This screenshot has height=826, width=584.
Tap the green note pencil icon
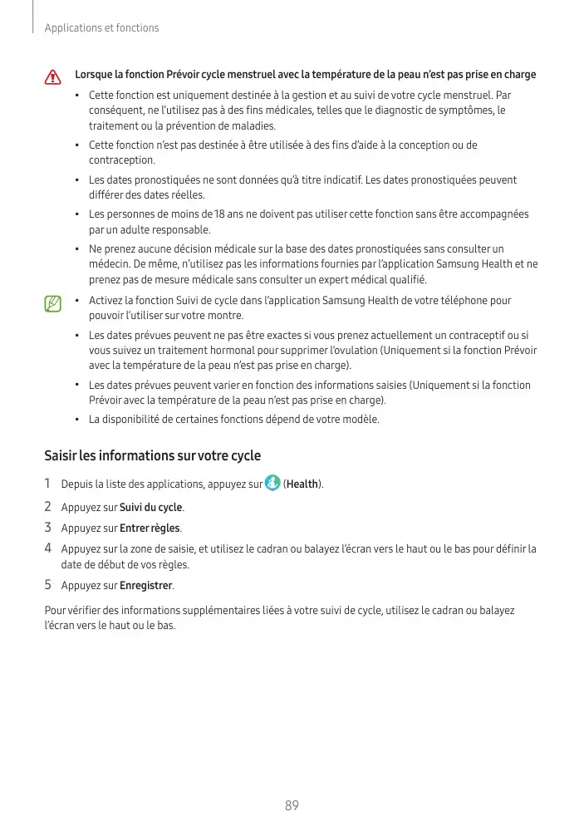point(54,303)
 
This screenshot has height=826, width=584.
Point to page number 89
point(292,805)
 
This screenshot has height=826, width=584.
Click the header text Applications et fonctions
point(101,28)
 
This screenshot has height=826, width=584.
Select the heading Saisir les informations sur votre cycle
point(152,455)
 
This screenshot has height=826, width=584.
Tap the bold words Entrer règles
point(150,528)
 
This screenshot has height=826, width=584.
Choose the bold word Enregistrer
point(146,586)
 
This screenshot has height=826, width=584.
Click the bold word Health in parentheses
point(302,484)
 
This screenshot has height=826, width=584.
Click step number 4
point(48,548)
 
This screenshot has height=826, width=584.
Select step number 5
point(48,585)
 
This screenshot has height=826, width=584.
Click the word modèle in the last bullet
point(359,419)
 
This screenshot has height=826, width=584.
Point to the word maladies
point(253,126)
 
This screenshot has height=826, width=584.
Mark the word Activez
point(106,300)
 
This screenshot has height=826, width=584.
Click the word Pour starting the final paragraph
point(55,611)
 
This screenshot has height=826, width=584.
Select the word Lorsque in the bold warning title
point(93,75)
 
